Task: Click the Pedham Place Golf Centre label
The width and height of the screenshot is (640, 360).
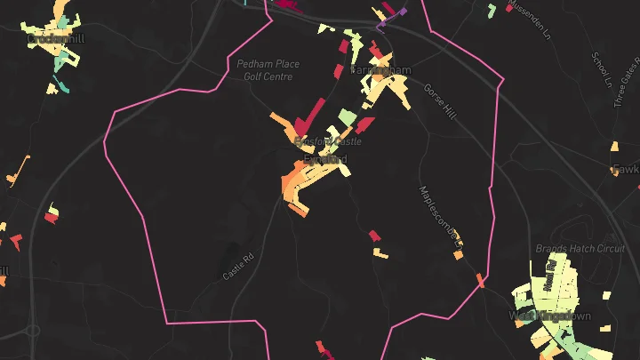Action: pyautogui.click(x=268, y=70)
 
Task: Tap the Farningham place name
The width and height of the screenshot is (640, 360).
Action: pyautogui.click(x=380, y=69)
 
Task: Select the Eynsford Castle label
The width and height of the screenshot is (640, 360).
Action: pyautogui.click(x=328, y=141)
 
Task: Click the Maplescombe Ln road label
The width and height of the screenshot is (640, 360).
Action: pyautogui.click(x=441, y=213)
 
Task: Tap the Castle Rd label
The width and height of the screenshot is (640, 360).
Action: pyautogui.click(x=238, y=268)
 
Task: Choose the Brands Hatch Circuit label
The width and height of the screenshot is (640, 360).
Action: pyautogui.click(x=580, y=249)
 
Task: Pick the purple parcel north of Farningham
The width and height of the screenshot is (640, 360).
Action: pyautogui.click(x=398, y=14)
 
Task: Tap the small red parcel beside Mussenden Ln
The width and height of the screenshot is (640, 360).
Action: pyautogui.click(x=509, y=8)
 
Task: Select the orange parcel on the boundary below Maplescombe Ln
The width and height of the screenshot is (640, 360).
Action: pyautogui.click(x=481, y=281)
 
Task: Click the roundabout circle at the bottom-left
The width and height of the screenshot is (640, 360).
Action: pyautogui.click(x=33, y=331)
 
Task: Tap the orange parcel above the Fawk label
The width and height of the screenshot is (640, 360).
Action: pyautogui.click(x=614, y=147)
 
